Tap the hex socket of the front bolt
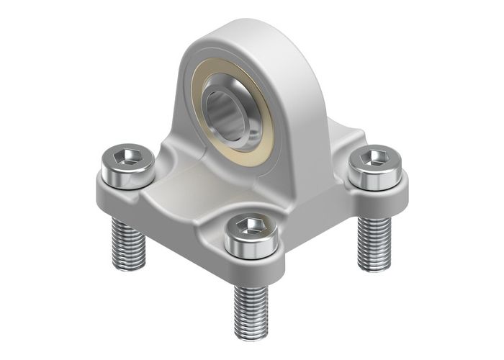coord(250,229)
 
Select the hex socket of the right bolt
coord(372,159)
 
